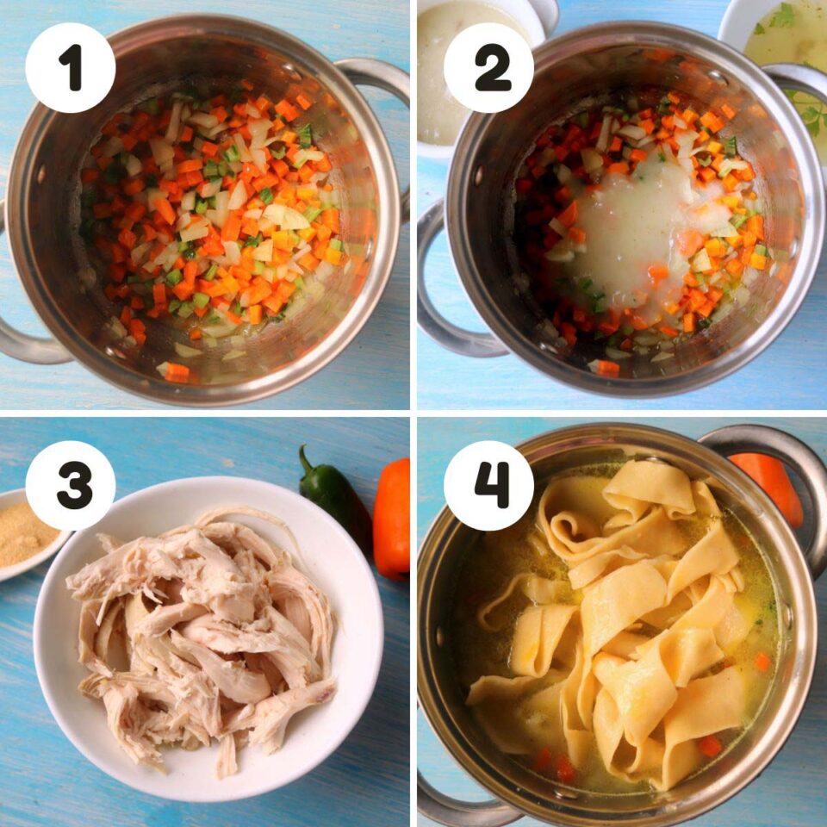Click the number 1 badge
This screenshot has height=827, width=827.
71,68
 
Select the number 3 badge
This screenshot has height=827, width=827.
71,486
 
